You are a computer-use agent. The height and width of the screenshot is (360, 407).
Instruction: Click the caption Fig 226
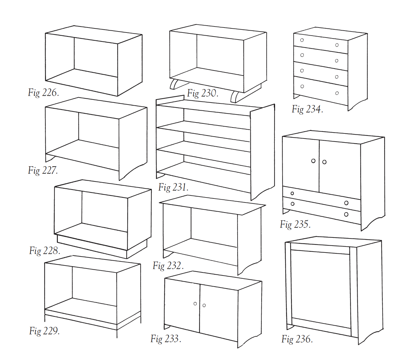coord(43,92)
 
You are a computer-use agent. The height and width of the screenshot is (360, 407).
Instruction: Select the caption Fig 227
coord(43,170)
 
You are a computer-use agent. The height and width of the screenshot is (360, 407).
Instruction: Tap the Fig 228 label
coord(44,251)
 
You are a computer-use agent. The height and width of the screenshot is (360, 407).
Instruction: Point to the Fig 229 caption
coord(44,331)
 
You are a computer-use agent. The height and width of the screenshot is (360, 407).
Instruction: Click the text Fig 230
coord(203,93)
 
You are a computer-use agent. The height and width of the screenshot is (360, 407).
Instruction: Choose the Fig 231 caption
coord(173,187)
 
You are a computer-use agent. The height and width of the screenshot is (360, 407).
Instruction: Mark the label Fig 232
coord(168,266)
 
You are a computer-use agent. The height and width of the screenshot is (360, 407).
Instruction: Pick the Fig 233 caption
coord(166,339)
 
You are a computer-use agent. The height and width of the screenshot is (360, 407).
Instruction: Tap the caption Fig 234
coord(307,109)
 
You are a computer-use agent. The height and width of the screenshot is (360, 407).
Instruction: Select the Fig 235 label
coord(295,224)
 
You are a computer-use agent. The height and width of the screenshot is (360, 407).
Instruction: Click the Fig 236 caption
coord(297,339)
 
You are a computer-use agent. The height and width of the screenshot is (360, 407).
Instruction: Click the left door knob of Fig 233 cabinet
coord(195,303)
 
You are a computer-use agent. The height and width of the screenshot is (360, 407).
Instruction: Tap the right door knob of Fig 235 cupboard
coord(324,162)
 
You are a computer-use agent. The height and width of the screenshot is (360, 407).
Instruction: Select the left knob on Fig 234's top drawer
coord(302,40)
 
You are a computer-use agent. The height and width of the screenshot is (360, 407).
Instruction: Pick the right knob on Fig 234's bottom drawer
coord(337,93)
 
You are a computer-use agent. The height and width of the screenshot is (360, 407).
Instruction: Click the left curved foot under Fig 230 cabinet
coord(174,84)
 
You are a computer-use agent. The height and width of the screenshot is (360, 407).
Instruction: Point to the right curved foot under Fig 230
coord(234,97)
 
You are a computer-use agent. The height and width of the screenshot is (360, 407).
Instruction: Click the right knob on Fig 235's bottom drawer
coord(346,214)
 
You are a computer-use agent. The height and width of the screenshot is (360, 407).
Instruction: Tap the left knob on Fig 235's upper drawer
coord(292,193)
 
